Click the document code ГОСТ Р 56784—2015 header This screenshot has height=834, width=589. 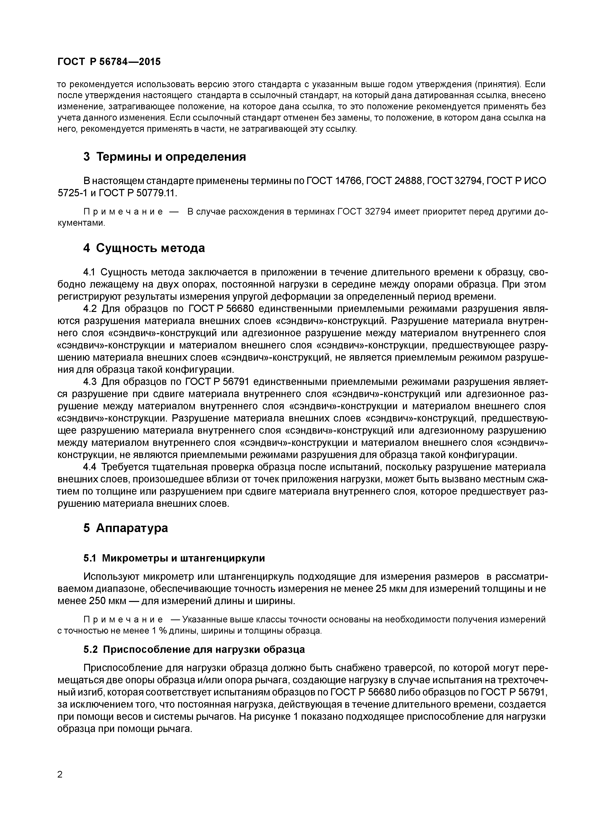pos(109,62)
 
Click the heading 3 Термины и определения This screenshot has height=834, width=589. pos(164,157)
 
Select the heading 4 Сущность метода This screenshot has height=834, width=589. pos(144,248)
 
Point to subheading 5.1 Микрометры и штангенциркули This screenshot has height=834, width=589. pos(174,558)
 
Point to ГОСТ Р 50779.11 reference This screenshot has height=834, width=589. pos(137,193)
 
